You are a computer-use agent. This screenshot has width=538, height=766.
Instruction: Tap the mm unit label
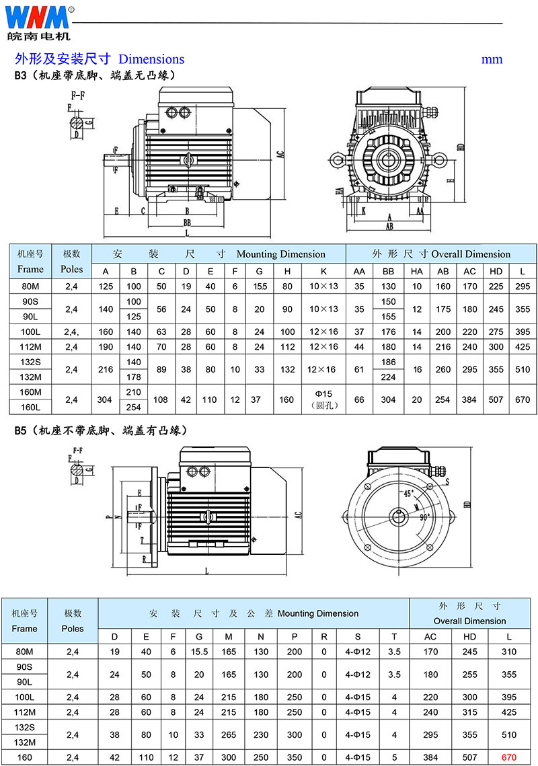(492, 59)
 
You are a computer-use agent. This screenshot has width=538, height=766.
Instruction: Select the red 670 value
(508, 757)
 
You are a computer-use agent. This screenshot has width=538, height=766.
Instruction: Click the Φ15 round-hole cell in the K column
(323, 399)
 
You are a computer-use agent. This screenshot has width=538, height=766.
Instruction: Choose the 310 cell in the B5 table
(509, 652)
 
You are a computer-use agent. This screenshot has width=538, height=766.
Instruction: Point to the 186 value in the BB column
(389, 362)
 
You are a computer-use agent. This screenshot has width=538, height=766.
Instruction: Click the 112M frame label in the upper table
(30, 347)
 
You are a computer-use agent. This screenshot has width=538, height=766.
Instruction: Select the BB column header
(389, 271)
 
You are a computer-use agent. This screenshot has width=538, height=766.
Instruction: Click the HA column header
(417, 271)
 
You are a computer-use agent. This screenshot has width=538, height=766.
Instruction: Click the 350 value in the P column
(295, 757)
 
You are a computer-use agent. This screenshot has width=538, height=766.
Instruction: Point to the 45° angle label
(408, 493)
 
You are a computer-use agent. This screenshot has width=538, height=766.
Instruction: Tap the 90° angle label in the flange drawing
(424, 518)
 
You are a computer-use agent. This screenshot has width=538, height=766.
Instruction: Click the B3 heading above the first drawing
(20, 75)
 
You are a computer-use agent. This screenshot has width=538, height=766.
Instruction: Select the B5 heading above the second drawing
(20, 430)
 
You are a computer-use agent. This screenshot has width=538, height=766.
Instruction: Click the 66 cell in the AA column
(360, 399)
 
